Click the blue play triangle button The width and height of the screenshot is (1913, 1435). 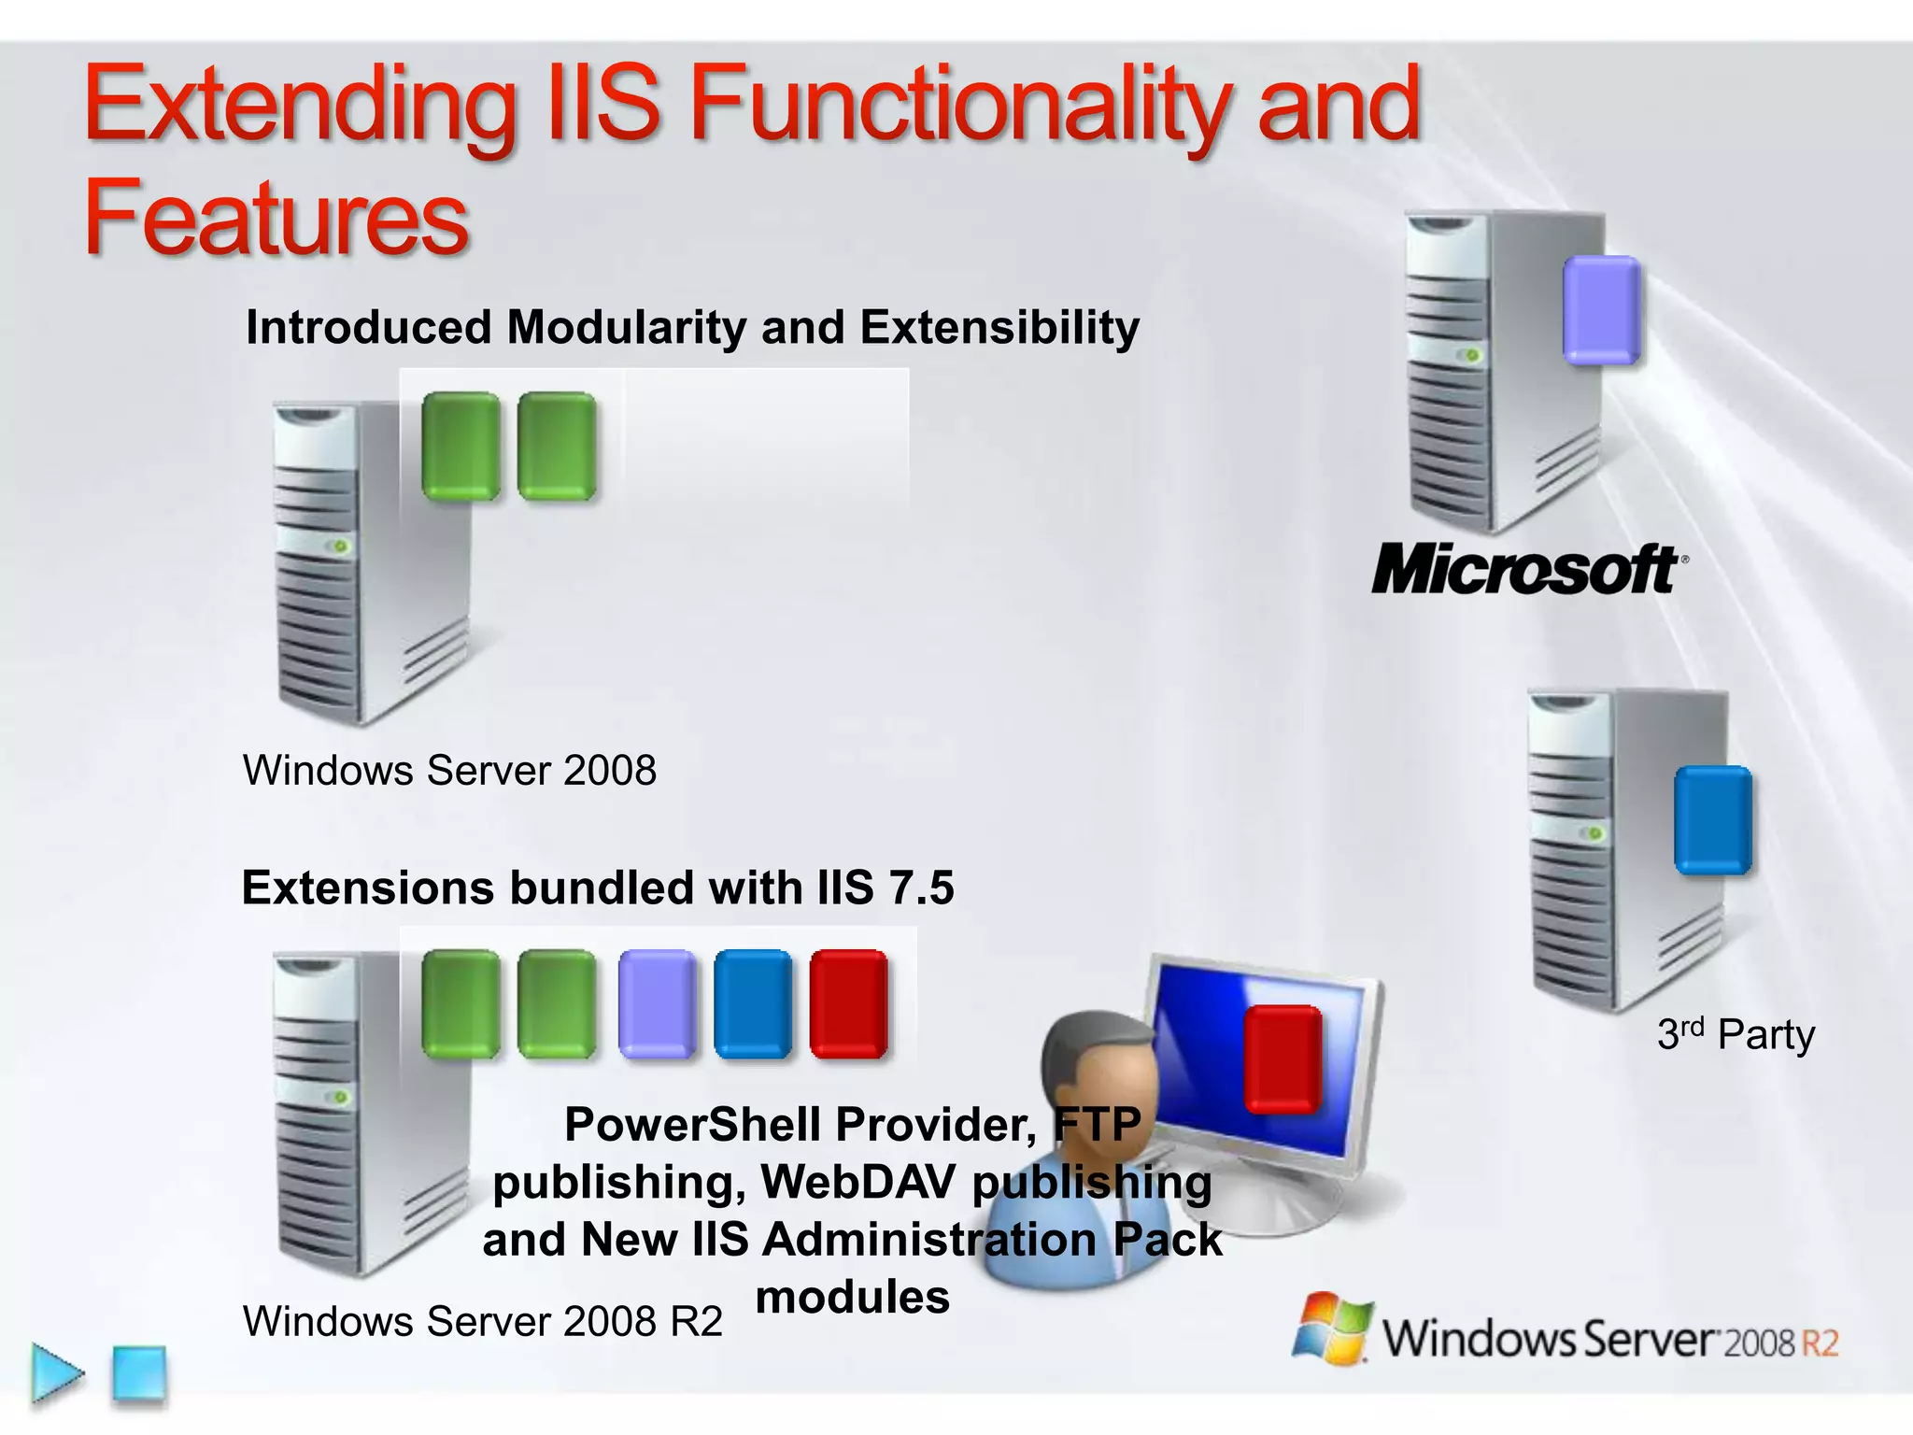56,1373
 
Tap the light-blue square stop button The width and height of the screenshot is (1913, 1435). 139,1373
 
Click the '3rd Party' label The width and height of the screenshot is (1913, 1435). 1736,1034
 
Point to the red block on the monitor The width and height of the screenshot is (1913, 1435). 1282,1059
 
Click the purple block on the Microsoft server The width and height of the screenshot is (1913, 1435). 1601,309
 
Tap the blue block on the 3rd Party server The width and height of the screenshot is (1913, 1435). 1712,820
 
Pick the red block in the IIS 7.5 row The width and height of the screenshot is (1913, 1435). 848,1004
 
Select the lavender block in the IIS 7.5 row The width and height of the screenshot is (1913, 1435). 657,1004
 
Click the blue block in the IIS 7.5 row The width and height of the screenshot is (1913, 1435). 753,1004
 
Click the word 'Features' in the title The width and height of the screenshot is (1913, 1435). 276,218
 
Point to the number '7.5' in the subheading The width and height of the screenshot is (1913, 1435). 921,888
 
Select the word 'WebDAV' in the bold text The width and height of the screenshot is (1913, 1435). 857,1182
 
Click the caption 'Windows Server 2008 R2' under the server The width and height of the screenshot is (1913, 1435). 482,1321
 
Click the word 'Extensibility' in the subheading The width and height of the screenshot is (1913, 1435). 999,327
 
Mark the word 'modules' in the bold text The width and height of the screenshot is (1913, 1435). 852,1298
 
